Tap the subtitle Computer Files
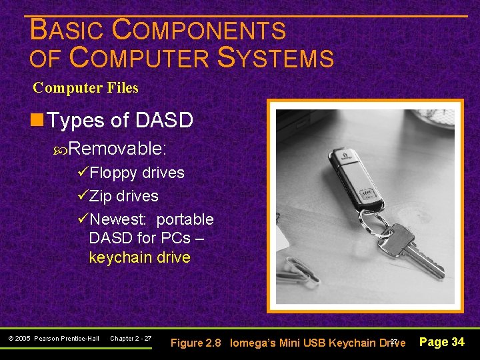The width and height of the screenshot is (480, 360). pyautogui.click(x=85, y=88)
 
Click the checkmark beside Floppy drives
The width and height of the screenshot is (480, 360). pyautogui.click(x=83, y=173)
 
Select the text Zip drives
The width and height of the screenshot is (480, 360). pyautogui.click(x=124, y=196)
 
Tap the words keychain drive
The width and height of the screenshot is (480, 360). pyautogui.click(x=140, y=257)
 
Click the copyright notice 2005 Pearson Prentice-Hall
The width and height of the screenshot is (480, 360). pyautogui.click(x=54, y=339)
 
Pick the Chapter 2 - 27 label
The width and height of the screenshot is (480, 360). pyautogui.click(x=131, y=339)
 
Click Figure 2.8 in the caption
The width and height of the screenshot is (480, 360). pyautogui.click(x=196, y=343)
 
